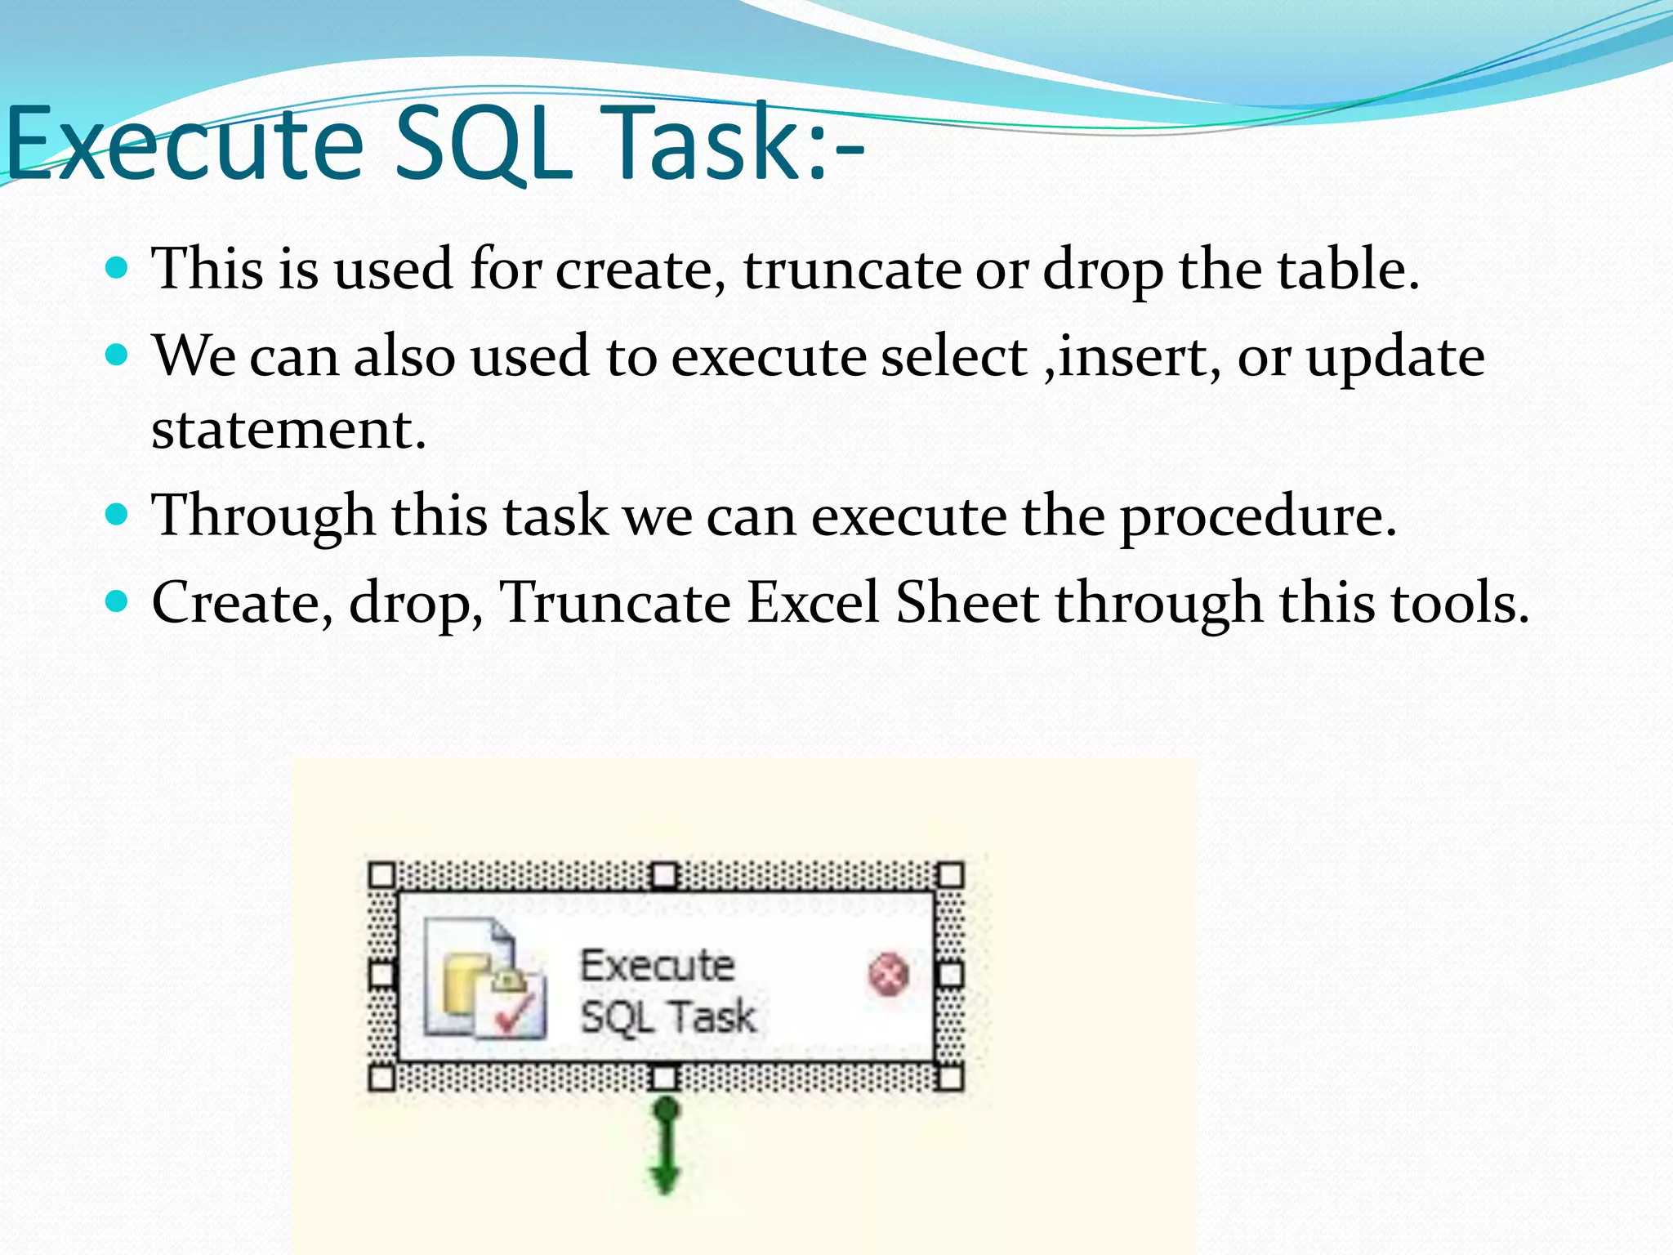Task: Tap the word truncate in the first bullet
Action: (x=852, y=270)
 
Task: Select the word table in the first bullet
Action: (x=1340, y=270)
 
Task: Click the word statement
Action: (x=288, y=430)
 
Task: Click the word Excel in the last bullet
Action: (x=814, y=603)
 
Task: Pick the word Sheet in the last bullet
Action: (x=967, y=603)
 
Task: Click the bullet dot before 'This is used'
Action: (x=118, y=267)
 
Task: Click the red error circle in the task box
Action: (x=888, y=975)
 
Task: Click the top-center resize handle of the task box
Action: (x=665, y=876)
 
